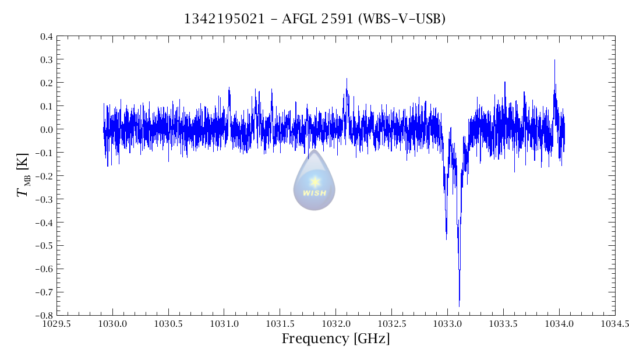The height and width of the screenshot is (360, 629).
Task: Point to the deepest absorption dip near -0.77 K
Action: [459, 305]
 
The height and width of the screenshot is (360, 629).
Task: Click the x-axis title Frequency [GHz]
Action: [335, 339]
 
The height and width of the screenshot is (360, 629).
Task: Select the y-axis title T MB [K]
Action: [24, 176]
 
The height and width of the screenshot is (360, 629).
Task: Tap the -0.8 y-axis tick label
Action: [44, 315]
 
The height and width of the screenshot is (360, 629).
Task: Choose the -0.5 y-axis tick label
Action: [44, 246]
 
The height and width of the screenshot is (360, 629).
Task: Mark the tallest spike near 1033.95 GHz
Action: [554, 61]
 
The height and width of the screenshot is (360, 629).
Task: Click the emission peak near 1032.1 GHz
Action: [347, 80]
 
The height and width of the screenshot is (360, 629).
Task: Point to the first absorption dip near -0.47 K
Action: [446, 238]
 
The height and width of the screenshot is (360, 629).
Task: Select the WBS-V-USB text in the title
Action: [402, 19]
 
